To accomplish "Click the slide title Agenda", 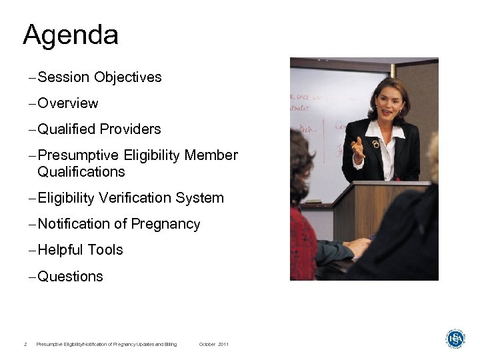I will click(71, 35).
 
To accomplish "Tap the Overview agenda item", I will click(68, 103).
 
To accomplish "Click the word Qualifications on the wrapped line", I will click(81, 172).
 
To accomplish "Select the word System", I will click(201, 198).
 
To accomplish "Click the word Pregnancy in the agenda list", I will click(165, 225).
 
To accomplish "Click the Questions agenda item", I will click(70, 277).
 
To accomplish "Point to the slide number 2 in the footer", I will click(25, 344).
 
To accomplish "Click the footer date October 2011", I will click(213, 344).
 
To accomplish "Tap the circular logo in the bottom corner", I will click(455, 339).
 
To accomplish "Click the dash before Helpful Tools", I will click(33, 251).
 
